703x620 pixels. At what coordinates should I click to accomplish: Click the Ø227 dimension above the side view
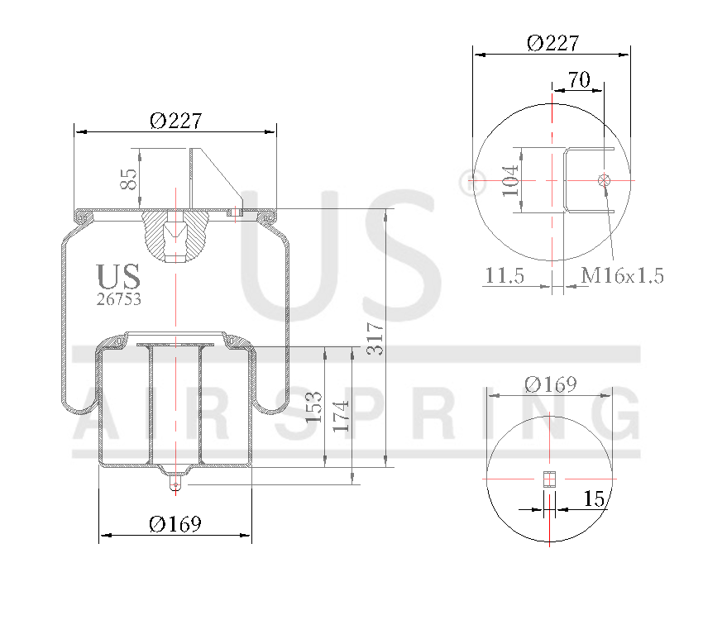[x=175, y=121]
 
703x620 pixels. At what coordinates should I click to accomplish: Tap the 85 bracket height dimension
[x=129, y=179]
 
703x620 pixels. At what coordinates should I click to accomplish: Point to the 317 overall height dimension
[x=375, y=338]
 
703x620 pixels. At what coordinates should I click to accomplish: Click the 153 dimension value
[x=314, y=406]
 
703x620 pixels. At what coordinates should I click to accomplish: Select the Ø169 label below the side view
[x=175, y=524]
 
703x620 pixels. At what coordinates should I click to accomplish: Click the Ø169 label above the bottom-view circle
[x=551, y=384]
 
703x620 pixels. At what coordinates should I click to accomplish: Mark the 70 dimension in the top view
[x=578, y=79]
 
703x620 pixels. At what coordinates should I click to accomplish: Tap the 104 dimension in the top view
[x=510, y=179]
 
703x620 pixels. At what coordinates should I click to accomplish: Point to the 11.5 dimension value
[x=505, y=276]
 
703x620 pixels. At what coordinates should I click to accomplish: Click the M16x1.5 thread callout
[x=623, y=276]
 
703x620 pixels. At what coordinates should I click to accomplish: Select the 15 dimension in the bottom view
[x=594, y=498]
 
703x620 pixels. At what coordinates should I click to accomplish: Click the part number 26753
[x=118, y=300]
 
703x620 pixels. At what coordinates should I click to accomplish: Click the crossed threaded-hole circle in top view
[x=605, y=179]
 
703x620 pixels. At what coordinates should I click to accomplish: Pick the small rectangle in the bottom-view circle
[x=550, y=479]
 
